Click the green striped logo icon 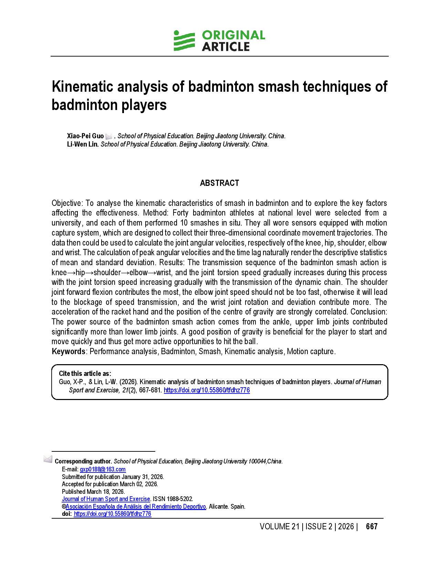(x=184, y=41)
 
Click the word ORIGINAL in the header (x=233, y=35)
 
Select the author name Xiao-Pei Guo (x=85, y=136)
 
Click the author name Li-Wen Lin (x=83, y=144)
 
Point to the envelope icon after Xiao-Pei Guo (x=109, y=136)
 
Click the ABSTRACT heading (x=219, y=183)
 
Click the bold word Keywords (x=68, y=351)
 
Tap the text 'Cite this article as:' (x=85, y=373)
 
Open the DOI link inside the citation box (x=207, y=390)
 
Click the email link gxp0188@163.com (x=103, y=469)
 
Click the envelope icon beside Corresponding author (x=48, y=459)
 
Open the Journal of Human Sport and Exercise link (x=106, y=499)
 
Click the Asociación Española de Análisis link (x=136, y=507)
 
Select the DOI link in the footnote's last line (x=112, y=514)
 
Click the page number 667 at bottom (x=372, y=527)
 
